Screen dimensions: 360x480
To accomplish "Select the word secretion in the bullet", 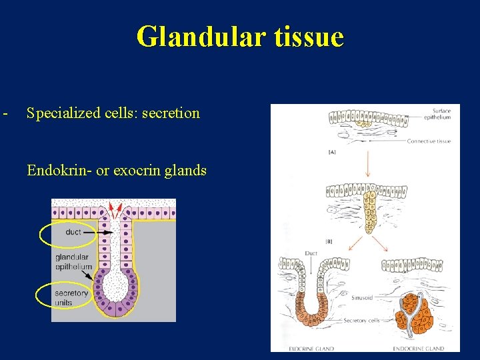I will [171, 113].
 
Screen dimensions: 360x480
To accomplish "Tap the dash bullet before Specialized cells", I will [5, 112].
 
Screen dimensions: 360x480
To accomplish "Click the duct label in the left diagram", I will [73, 232].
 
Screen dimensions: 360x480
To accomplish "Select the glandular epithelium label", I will [73, 262].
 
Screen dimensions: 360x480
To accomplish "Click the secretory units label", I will [71, 297].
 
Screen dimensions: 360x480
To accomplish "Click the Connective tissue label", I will [429, 141].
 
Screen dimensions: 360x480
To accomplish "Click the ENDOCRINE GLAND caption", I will [418, 347].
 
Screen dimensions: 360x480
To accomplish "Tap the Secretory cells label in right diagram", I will [361, 321].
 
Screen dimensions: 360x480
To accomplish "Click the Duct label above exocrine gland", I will [311, 253].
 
